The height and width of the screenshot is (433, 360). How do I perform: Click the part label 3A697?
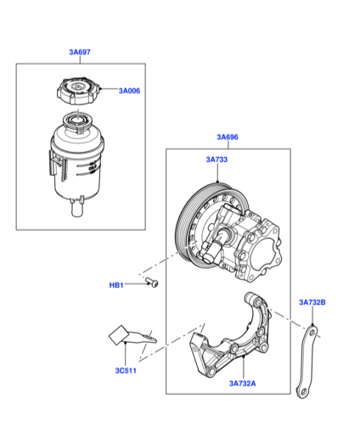coord(80,52)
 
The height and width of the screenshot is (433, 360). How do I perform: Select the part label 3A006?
coord(129,91)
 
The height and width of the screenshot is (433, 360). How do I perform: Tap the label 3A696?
coord(228,138)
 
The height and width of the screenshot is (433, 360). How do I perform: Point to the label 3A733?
coord(217,160)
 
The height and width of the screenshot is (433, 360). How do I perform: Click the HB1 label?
coord(116,285)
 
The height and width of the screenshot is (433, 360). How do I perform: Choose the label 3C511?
coord(126,371)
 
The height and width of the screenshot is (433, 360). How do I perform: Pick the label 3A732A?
coord(243,384)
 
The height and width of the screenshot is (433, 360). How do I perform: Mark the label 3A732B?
coord(312,302)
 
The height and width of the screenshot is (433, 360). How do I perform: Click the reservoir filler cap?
coord(78,90)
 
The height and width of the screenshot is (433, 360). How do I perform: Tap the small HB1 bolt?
coord(152,283)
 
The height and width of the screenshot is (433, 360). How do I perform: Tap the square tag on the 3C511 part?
coord(118,335)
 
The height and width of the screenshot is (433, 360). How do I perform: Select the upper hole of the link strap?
coord(312,333)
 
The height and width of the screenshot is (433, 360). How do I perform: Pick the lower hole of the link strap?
coord(303,392)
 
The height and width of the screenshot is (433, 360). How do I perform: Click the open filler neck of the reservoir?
coord(77,121)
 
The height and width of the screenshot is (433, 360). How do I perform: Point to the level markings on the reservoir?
coord(92,169)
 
